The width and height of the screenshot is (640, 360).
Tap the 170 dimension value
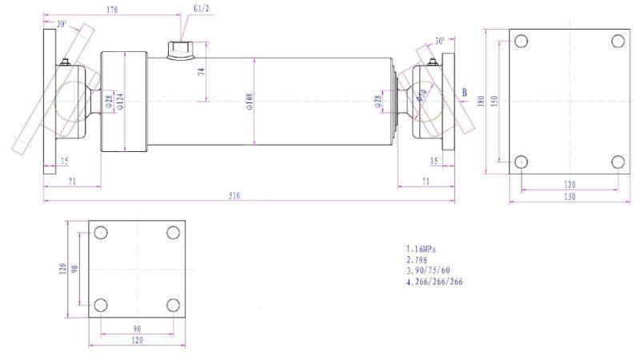coord(111,10)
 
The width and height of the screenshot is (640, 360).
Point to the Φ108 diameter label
coord(250,102)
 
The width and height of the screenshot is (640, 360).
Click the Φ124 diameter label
coord(120,102)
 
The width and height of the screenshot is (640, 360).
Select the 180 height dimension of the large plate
coord(482,102)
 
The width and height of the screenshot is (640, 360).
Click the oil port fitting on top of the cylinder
coord(181,50)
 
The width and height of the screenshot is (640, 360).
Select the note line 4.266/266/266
coord(435,282)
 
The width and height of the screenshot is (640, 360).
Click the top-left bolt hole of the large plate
coord(521,42)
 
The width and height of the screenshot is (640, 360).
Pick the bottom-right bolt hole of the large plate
coord(618,162)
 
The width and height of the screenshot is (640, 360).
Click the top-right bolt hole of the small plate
coord(173,233)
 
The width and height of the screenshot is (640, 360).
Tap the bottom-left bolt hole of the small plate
coord(101,305)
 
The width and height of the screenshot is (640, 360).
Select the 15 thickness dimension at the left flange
coord(64,161)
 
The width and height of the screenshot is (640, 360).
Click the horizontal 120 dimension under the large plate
coord(570,184)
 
